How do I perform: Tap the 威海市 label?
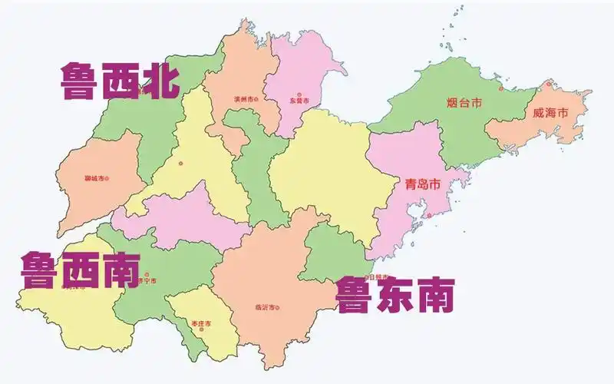click(550, 113)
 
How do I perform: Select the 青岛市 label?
click(423, 185)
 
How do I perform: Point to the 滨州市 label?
click(243, 99)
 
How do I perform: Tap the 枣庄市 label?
click(201, 323)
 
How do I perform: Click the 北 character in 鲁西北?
click(158, 81)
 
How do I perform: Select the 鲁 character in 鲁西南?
click(40, 271)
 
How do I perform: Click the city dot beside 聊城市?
click(107, 178)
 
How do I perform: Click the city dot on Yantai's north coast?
click(501, 88)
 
